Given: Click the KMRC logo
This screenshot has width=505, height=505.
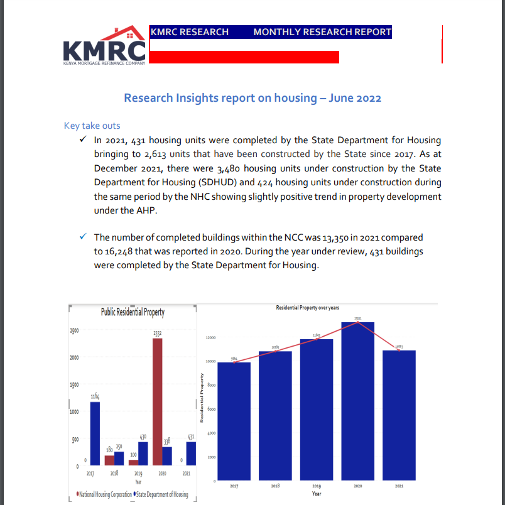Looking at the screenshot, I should pyautogui.click(x=104, y=46).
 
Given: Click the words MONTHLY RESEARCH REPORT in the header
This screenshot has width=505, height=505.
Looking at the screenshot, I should pyautogui.click(x=322, y=32).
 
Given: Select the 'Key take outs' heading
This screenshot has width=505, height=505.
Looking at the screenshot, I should pyautogui.click(x=92, y=126).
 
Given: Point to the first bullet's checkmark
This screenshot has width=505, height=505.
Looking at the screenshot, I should pyautogui.click(x=83, y=140).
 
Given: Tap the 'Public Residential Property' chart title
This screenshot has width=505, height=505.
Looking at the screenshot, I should pyautogui.click(x=133, y=312).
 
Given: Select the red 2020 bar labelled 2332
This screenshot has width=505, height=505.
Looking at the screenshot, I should pyautogui.click(x=158, y=402).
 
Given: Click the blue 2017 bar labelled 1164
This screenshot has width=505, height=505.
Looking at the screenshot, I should pyautogui.click(x=95, y=433).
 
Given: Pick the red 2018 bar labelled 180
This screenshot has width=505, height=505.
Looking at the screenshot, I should pyautogui.click(x=110, y=460).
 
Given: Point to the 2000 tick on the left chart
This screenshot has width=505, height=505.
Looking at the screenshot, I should pyautogui.click(x=74, y=357).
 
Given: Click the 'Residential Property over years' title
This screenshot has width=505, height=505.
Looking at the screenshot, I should pyautogui.click(x=307, y=308).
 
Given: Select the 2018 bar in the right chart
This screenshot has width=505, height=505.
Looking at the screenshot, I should pyautogui.click(x=275, y=415).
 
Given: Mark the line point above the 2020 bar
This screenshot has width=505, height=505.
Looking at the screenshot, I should pyautogui.click(x=357, y=322).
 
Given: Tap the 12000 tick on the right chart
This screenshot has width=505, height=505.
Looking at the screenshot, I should pyautogui.click(x=210, y=338).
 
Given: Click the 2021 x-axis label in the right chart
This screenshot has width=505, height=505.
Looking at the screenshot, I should pyautogui.click(x=399, y=486).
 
